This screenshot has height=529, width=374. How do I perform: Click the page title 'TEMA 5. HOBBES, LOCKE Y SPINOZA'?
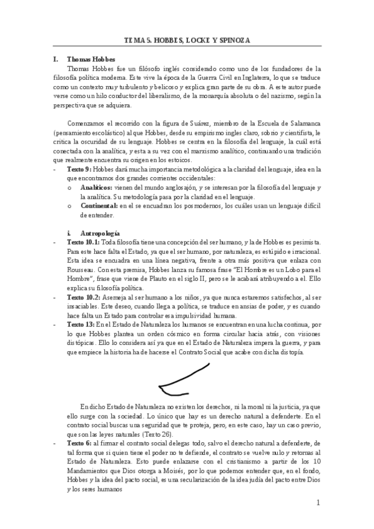(x=187, y=41)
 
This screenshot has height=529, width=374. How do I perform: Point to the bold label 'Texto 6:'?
(x=79, y=443)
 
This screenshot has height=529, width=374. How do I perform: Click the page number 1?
(x=318, y=502)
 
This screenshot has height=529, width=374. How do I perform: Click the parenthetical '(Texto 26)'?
(x=157, y=434)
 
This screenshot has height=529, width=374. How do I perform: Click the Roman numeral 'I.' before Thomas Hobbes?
(x=56, y=59)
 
